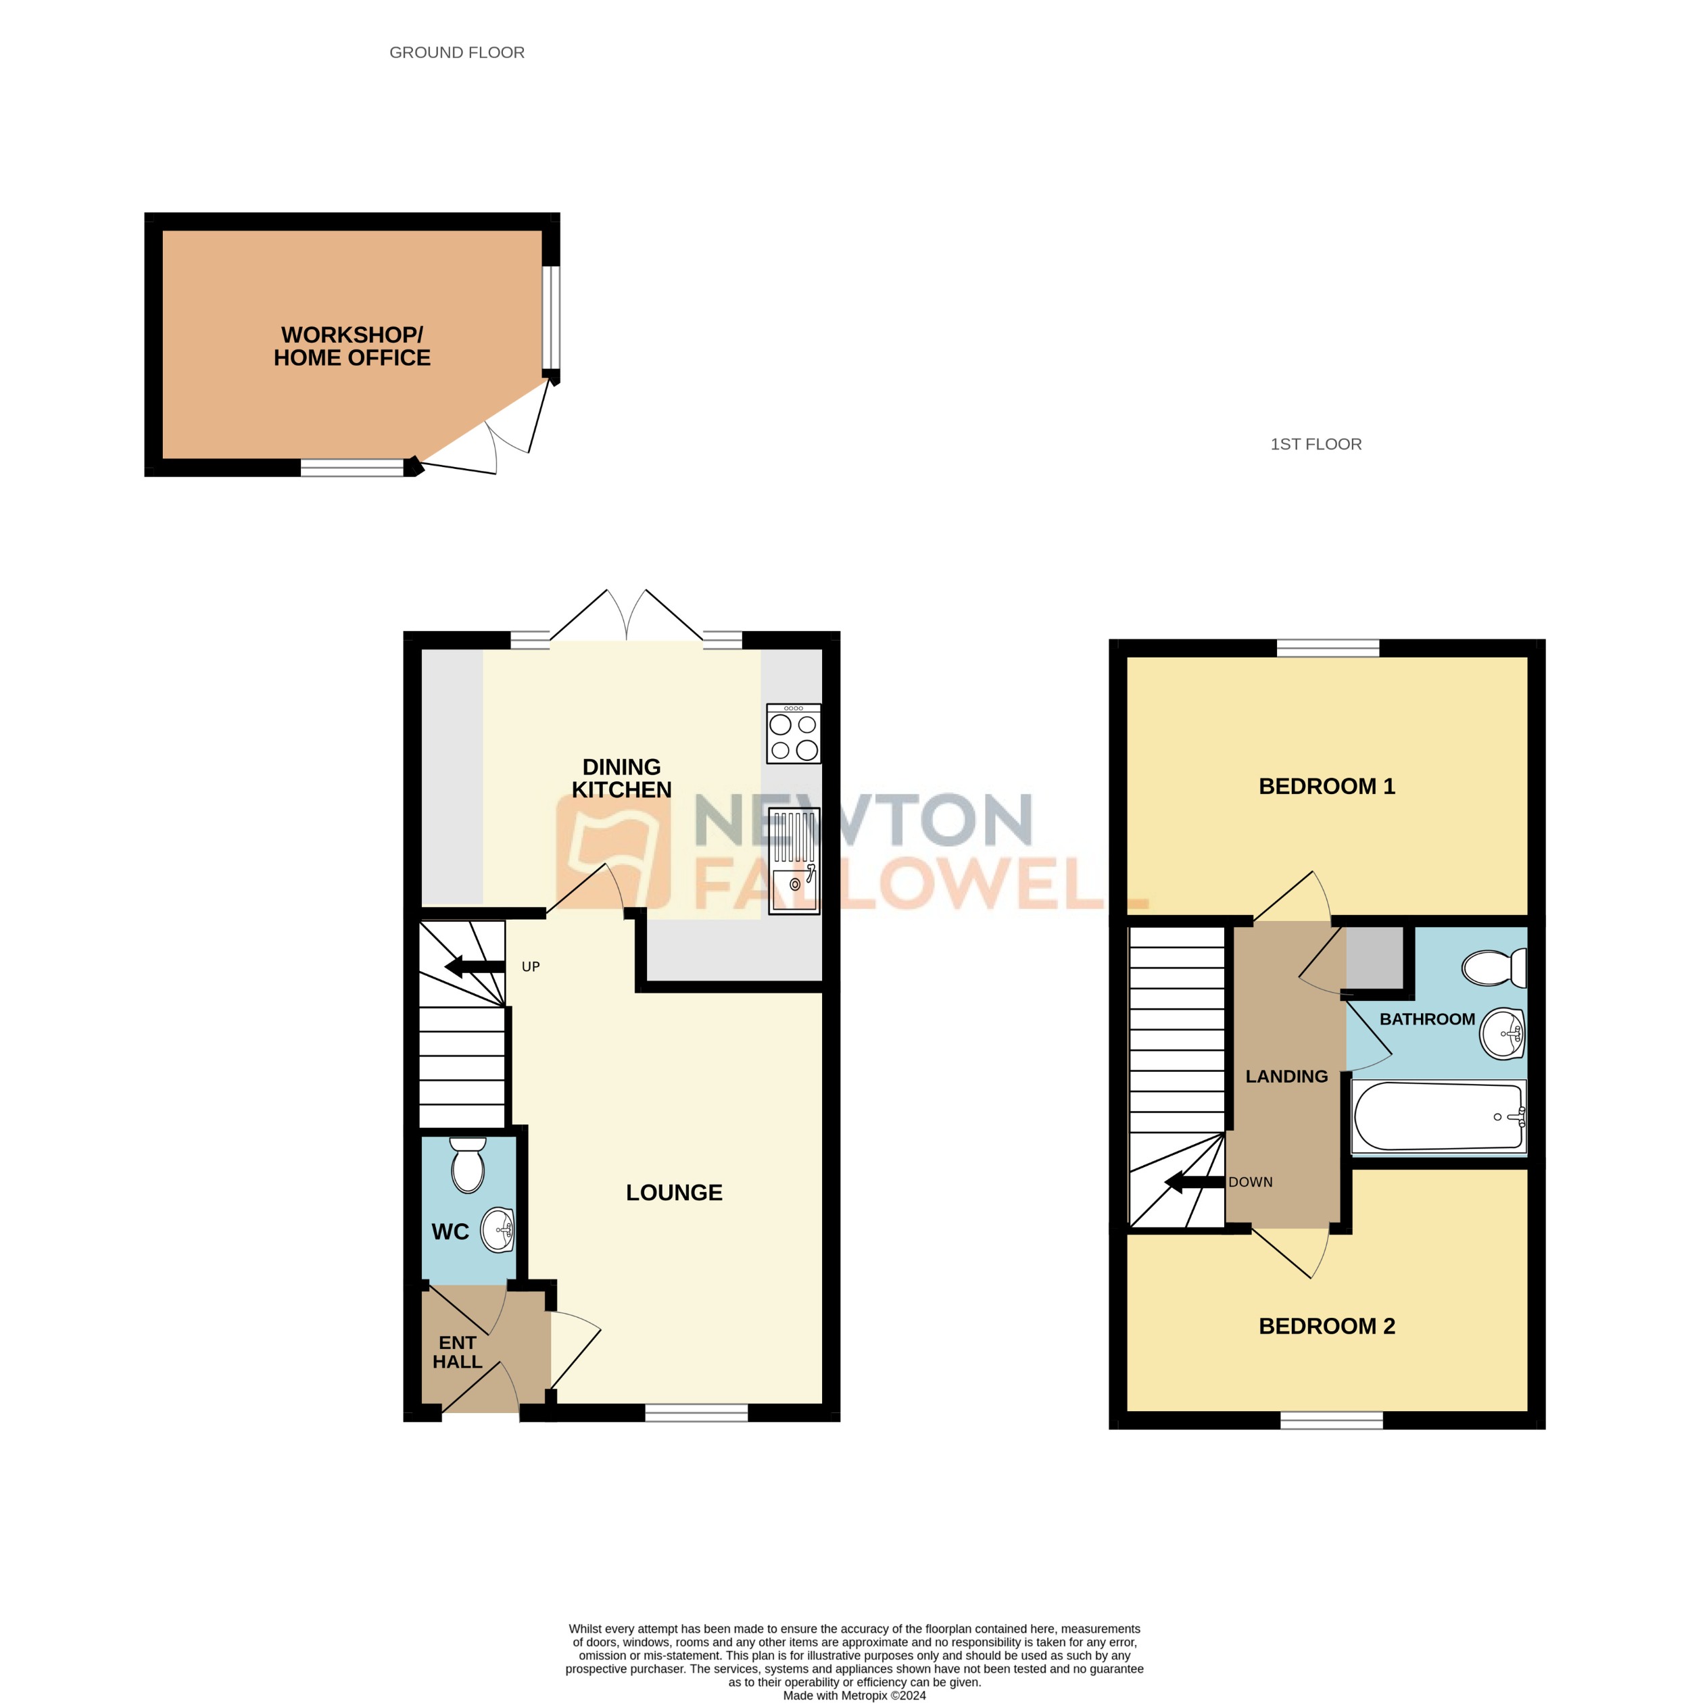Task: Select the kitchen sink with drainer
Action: (x=794, y=860)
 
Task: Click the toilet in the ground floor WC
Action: (x=467, y=1164)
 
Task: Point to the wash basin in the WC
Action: (x=498, y=1230)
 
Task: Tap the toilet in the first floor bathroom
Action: (x=1493, y=968)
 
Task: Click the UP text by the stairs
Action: (x=531, y=967)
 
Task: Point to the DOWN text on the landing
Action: (x=1250, y=1182)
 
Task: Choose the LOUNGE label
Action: (x=673, y=1193)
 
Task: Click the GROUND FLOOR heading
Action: (x=457, y=53)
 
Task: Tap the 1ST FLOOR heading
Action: (x=1315, y=444)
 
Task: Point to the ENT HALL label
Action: (x=457, y=1352)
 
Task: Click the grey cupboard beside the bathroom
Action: (x=1374, y=958)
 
